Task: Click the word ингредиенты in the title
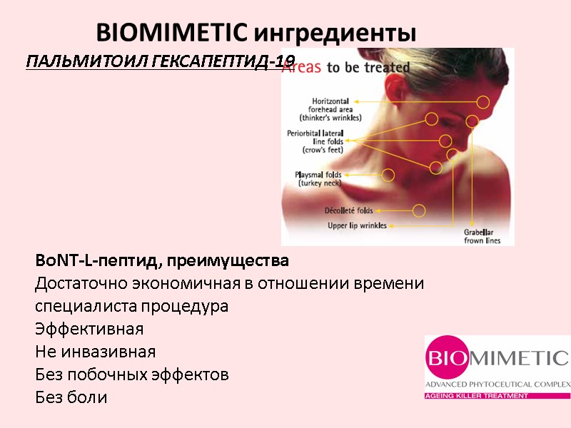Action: pos(335,33)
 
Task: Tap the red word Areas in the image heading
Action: pos(302,68)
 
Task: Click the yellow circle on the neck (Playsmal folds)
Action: pos(388,174)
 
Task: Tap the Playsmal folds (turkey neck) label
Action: pos(318,178)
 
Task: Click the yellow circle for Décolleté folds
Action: pos(419,210)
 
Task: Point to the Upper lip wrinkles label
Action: pos(357,225)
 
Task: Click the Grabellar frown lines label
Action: pos(482,236)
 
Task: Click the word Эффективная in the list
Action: pos(89,330)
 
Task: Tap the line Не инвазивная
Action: pos(95,352)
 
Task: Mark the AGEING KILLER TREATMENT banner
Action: pos(477,395)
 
